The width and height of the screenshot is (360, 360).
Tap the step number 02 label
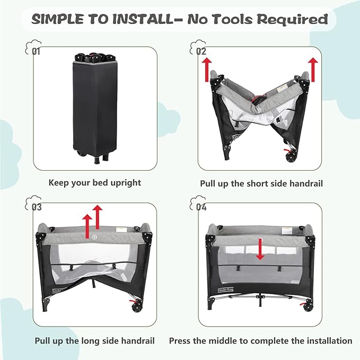pyautogui.click(x=200, y=51)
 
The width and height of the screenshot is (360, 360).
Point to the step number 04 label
pyautogui.click(x=200, y=207)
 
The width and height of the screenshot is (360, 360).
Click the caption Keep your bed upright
pyautogui.click(x=95, y=182)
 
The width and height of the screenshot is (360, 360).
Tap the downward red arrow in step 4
pyautogui.click(x=259, y=249)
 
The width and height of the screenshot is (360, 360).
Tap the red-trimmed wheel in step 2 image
pyautogui.click(x=291, y=156)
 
